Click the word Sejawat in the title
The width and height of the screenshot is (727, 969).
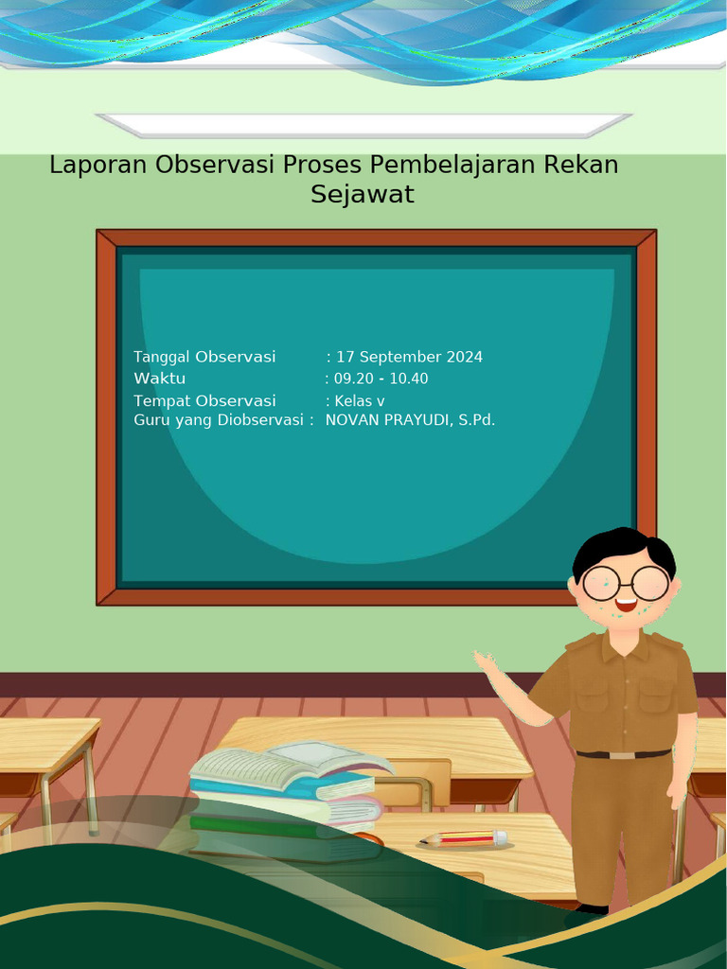pyautogui.click(x=363, y=195)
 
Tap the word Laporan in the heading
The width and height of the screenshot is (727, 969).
pyautogui.click(x=98, y=165)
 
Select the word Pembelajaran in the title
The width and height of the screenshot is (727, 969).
pyautogui.click(x=453, y=166)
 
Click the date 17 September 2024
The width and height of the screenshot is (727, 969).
pyautogui.click(x=409, y=357)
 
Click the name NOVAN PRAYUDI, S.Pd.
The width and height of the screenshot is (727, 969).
pyautogui.click(x=410, y=420)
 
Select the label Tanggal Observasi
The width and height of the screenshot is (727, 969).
pyautogui.click(x=204, y=357)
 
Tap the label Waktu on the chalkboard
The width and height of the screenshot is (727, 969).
pyautogui.click(x=159, y=379)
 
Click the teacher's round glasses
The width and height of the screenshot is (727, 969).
pyautogui.click(x=625, y=582)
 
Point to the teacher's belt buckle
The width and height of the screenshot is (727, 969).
pyautogui.click(x=622, y=755)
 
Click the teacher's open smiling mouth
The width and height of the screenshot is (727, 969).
pyautogui.click(x=625, y=603)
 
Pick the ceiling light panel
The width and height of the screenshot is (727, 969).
pyautogui.click(x=363, y=125)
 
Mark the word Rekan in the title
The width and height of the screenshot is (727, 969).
pyautogui.click(x=580, y=165)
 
